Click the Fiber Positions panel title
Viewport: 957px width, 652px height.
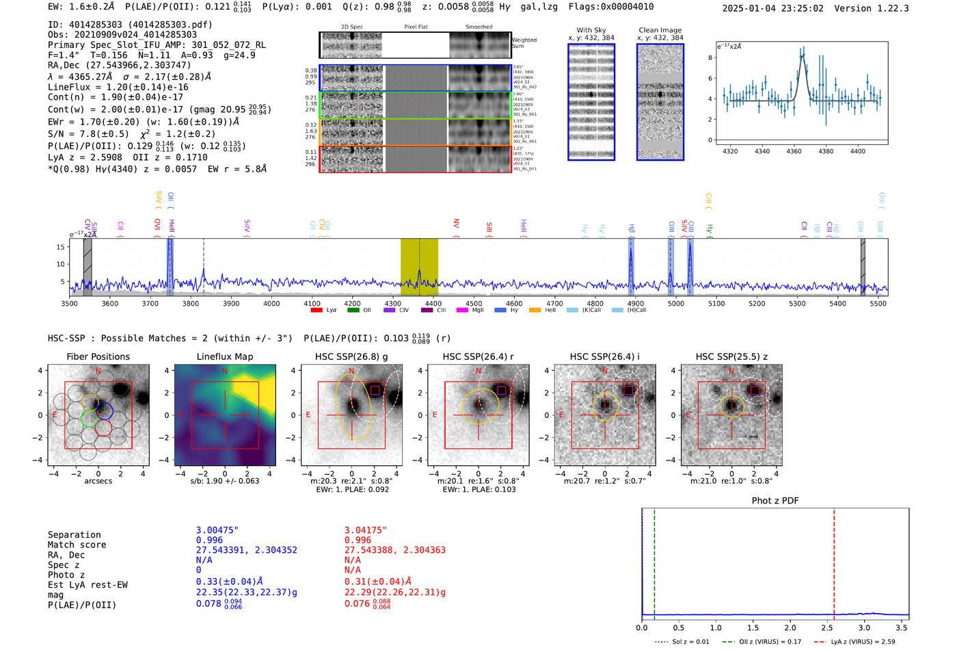click(98, 356)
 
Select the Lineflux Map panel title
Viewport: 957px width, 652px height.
click(224, 356)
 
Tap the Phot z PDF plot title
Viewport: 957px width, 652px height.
click(775, 500)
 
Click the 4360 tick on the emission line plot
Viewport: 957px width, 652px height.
click(794, 151)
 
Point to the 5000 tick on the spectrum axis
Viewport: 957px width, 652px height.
click(675, 303)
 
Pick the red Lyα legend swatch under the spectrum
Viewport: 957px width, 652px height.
click(316, 310)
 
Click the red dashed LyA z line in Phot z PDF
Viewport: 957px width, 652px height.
click(834, 561)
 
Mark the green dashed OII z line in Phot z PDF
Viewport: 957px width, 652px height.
click(654, 561)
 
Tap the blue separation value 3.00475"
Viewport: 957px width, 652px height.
click(217, 530)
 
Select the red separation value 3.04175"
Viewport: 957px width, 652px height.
click(366, 530)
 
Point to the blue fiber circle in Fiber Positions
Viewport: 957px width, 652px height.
click(104, 410)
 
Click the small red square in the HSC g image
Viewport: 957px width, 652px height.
click(375, 390)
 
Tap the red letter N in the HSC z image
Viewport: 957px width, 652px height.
click(731, 371)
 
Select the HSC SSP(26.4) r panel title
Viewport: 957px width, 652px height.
click(478, 356)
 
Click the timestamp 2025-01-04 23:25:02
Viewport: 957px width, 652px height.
click(772, 8)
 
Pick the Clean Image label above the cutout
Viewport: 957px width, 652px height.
click(660, 30)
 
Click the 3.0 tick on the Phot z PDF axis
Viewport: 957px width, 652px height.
click(864, 627)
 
